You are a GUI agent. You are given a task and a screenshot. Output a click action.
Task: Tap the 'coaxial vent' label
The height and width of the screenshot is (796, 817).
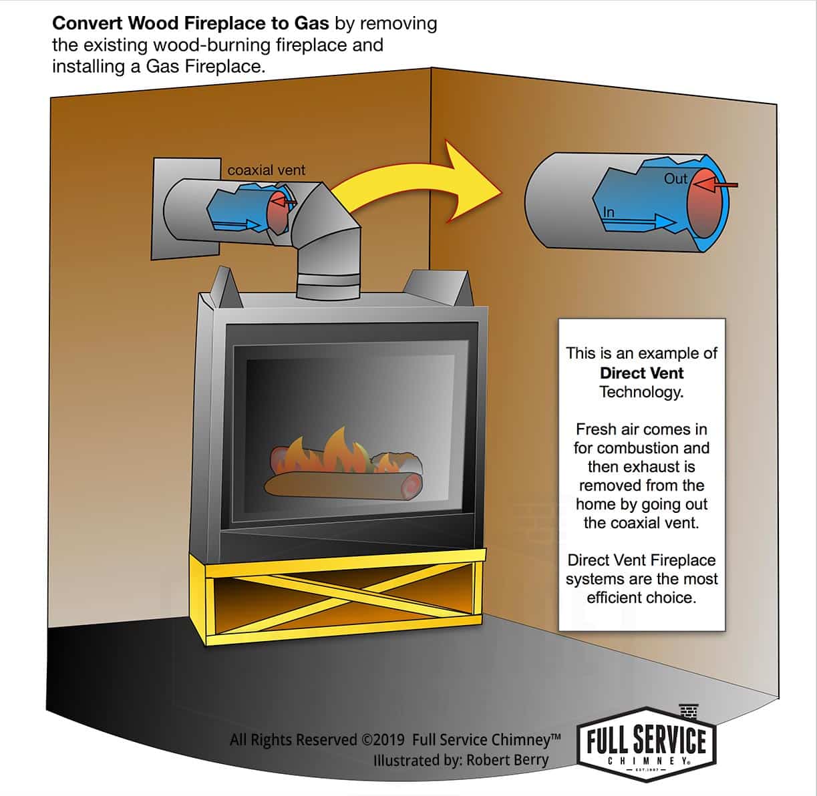coord(266,170)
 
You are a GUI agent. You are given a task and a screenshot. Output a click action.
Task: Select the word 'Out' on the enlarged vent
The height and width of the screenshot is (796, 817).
coord(675,179)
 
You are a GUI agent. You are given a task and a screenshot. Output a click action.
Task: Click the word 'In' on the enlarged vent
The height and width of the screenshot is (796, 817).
coord(608,212)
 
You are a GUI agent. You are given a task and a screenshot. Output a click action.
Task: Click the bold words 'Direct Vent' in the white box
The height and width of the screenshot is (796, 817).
coord(641,373)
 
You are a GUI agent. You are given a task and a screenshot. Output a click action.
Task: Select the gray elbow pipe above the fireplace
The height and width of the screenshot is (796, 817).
coord(327,240)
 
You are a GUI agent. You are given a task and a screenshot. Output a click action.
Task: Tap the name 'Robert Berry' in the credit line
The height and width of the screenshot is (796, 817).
coord(507,760)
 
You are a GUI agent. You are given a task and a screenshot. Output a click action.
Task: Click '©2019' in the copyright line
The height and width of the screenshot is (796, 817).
coord(384,740)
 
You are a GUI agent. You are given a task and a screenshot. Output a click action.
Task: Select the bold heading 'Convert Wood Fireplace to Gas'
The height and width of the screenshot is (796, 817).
coord(190,23)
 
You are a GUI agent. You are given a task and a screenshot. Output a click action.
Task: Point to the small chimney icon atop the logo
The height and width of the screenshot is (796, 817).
coord(688,711)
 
